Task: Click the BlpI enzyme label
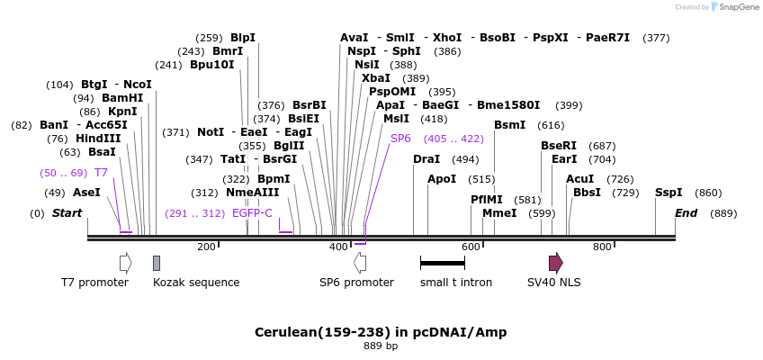(x=243, y=38)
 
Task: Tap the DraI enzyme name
(x=426, y=159)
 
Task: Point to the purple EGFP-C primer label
(x=252, y=213)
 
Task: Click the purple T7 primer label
(x=101, y=173)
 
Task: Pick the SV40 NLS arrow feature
(x=556, y=263)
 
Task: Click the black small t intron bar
(x=443, y=263)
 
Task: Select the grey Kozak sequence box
(x=157, y=263)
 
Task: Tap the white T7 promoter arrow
(x=125, y=263)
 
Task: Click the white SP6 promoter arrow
(x=360, y=263)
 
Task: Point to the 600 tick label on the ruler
(x=471, y=247)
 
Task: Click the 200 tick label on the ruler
(x=206, y=247)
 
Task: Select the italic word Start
(x=67, y=213)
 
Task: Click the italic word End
(x=687, y=213)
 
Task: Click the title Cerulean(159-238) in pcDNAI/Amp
(x=381, y=332)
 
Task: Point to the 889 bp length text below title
(x=381, y=346)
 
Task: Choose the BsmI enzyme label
(x=509, y=125)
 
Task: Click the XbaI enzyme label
(x=376, y=78)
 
